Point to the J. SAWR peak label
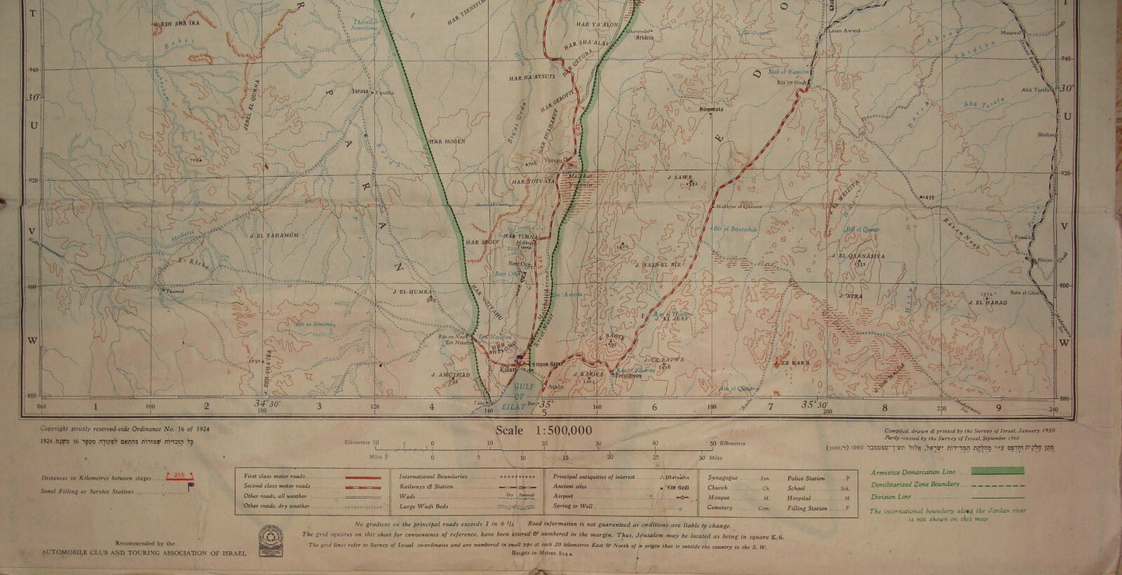(x=679, y=177)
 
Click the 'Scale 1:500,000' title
(x=544, y=431)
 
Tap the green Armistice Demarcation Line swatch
(x=996, y=471)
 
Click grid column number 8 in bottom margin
(x=884, y=406)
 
